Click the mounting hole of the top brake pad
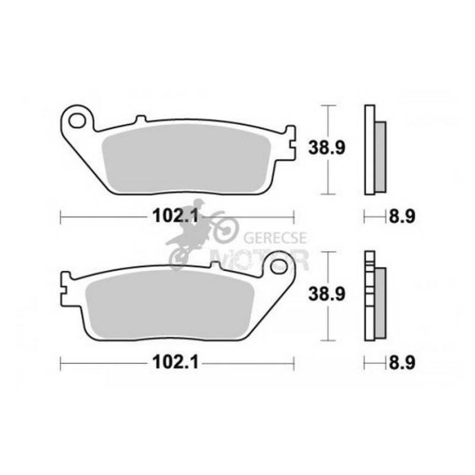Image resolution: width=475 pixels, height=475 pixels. tap(76, 120)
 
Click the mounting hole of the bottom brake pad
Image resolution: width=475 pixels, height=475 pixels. tap(278, 267)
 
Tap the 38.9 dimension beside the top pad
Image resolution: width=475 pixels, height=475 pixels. tap(326, 148)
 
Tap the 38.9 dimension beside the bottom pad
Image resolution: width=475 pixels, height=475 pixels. tap(326, 294)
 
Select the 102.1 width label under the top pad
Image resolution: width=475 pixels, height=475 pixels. tap(175, 217)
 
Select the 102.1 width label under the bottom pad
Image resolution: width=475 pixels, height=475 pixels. tap(175, 362)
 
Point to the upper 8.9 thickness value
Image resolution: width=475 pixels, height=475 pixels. tap(402, 217)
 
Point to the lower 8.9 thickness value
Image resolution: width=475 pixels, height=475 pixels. tap(402, 362)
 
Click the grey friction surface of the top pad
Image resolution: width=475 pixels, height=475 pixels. tap(186, 157)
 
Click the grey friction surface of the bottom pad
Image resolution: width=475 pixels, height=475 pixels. tap(170, 304)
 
